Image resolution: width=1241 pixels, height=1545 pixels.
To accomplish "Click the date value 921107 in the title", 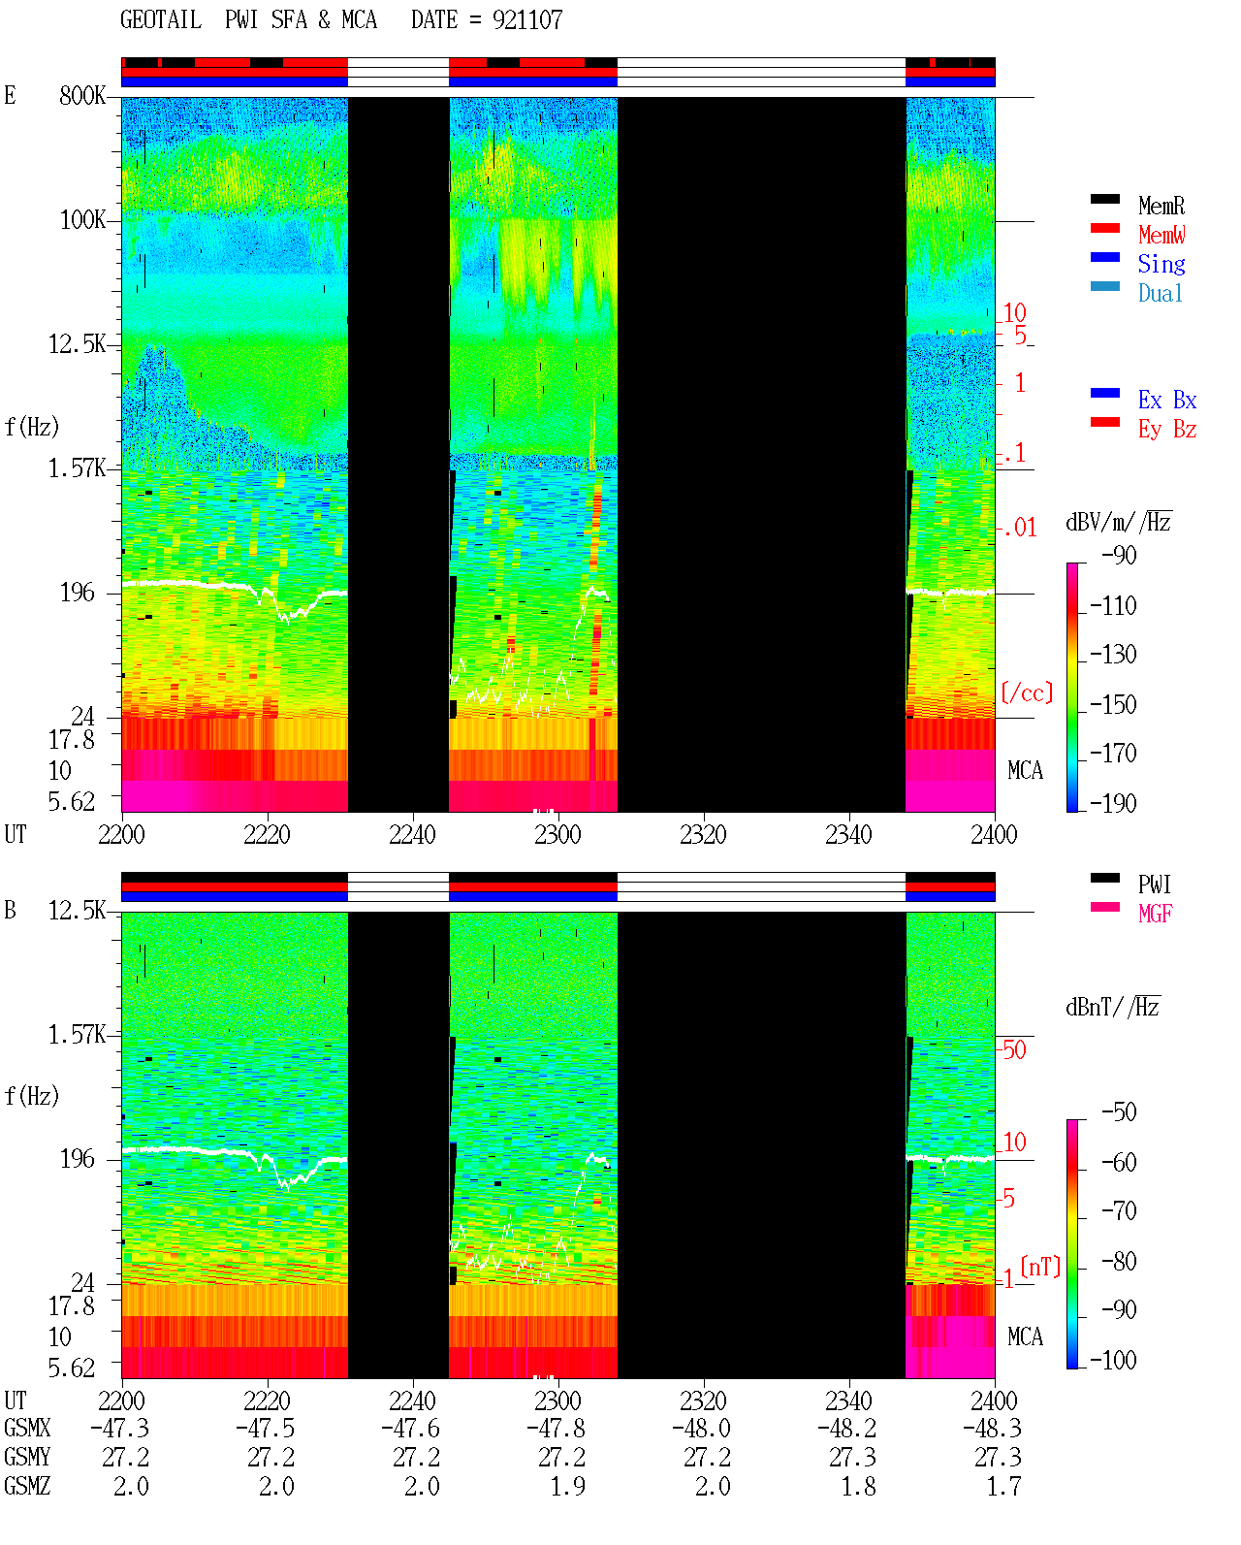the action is click(526, 20).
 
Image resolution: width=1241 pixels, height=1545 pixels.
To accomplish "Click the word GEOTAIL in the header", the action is click(161, 20).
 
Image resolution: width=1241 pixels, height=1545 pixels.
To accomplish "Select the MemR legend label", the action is click(1161, 206).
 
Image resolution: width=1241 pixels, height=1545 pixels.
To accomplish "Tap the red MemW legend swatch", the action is click(1104, 228).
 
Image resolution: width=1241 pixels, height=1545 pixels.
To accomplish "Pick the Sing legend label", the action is click(1161, 264).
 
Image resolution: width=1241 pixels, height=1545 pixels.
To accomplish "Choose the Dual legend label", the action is click(1160, 293).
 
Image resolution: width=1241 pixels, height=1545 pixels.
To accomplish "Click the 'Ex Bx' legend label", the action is click(1166, 400).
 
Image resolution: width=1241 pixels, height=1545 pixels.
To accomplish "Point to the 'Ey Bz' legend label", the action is click(1166, 430).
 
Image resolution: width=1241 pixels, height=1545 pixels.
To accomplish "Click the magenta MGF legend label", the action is click(1155, 914).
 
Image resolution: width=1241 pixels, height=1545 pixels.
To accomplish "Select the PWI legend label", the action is click(1155, 885).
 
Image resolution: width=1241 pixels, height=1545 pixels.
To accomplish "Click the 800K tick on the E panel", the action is click(82, 96).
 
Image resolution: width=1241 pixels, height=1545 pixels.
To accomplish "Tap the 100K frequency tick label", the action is click(82, 220).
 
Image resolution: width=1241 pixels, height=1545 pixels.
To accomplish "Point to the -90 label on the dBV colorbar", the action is click(1119, 556).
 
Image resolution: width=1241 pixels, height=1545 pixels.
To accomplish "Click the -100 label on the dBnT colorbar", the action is click(1113, 1360).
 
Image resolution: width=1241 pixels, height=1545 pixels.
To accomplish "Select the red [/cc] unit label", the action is click(1027, 692).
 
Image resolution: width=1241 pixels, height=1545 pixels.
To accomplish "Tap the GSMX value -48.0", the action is click(701, 1428).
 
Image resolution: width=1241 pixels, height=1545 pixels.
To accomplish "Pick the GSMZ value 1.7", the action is click(1003, 1486).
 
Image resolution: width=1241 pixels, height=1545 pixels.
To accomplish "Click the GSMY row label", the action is click(27, 1457).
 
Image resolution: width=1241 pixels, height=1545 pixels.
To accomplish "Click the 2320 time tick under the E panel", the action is click(704, 835).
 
